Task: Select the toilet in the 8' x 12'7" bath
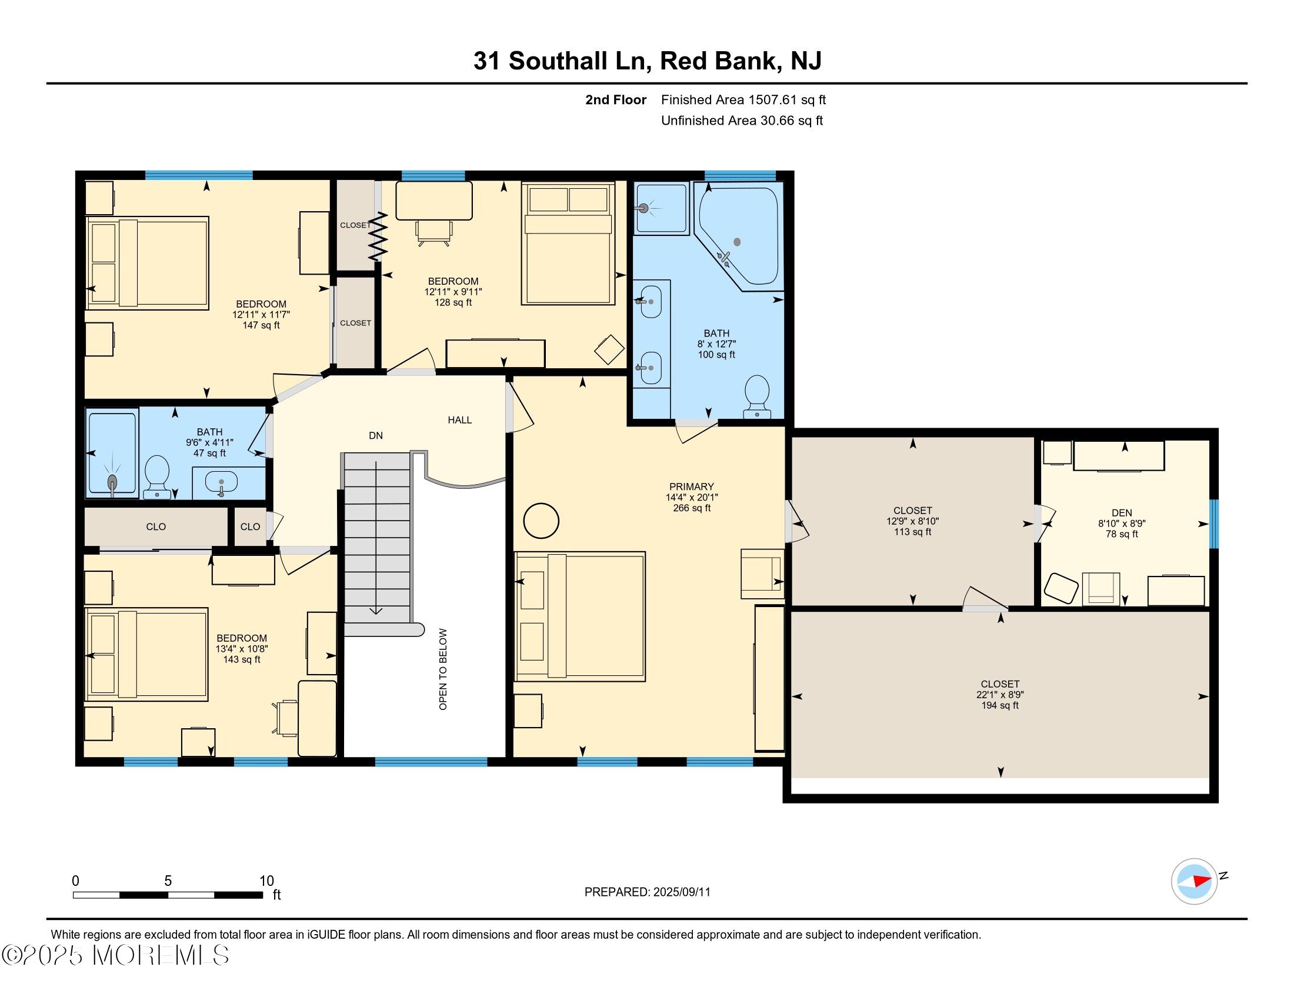tap(756, 396)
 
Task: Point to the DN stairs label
tap(376, 435)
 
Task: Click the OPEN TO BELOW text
tap(443, 669)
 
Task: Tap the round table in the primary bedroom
tap(541, 520)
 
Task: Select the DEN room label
tap(1122, 513)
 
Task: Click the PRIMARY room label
tap(692, 486)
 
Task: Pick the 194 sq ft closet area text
tap(1000, 705)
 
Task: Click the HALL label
tap(460, 420)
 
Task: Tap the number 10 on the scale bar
tap(266, 881)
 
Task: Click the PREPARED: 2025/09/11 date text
tap(648, 892)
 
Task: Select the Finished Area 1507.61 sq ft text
tap(743, 99)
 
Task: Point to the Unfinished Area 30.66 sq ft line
tap(742, 120)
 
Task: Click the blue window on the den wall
tap(1214, 524)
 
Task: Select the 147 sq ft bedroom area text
tap(261, 325)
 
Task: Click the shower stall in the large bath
tap(661, 209)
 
